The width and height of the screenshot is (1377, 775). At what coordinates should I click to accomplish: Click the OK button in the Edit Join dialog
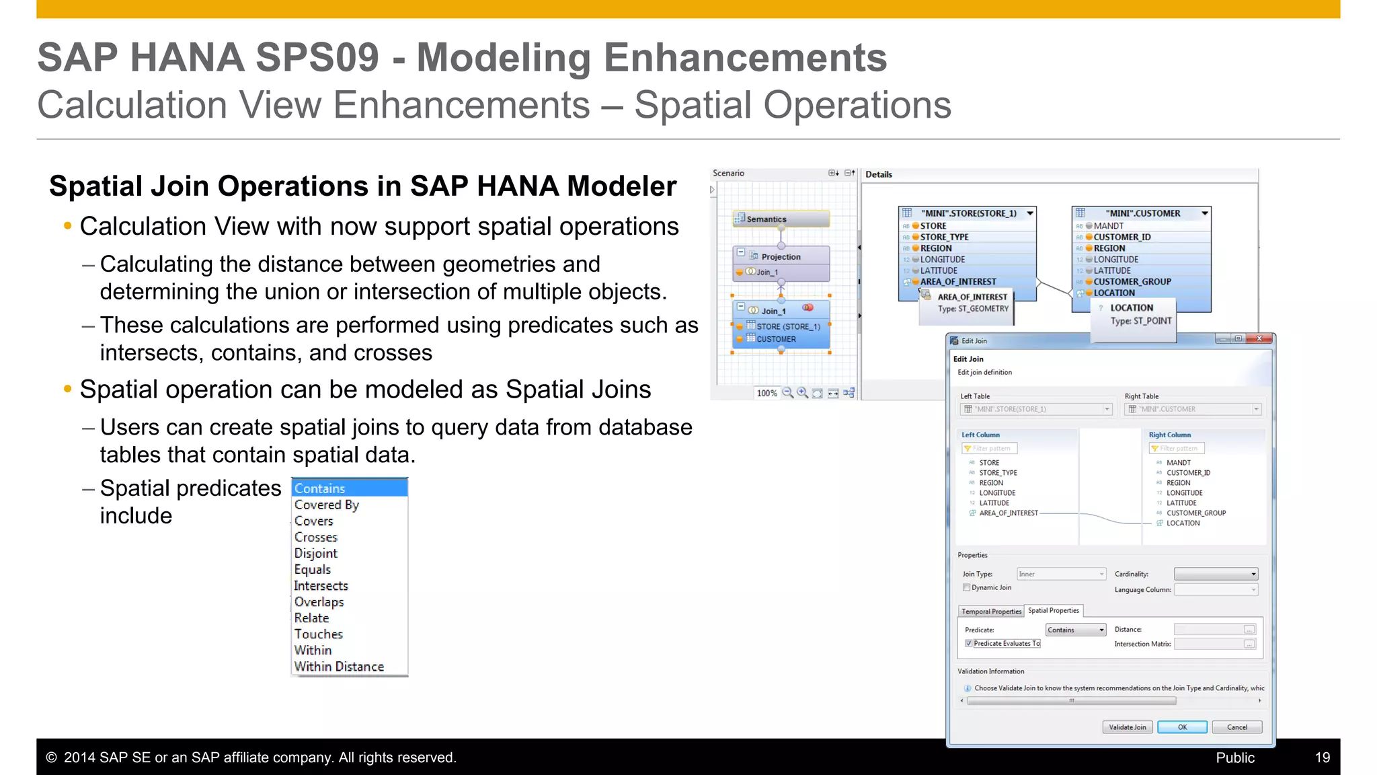[x=1182, y=727]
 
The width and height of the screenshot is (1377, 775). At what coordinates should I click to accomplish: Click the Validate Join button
[x=1128, y=727]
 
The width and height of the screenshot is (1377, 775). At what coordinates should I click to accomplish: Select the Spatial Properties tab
[x=1054, y=611]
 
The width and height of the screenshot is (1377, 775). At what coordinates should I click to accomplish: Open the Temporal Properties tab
[x=991, y=612]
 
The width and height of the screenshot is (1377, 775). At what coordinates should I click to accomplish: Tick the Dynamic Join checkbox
[x=967, y=587]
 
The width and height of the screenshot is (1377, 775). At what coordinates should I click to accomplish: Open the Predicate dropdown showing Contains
[x=1076, y=630]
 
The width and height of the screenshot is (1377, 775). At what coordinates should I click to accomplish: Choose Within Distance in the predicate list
[x=340, y=667]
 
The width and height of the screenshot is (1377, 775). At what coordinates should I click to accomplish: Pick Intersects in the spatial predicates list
[x=321, y=586]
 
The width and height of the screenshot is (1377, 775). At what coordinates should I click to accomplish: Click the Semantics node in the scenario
[x=780, y=219]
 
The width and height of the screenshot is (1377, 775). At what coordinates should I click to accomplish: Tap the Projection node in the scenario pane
[x=781, y=256]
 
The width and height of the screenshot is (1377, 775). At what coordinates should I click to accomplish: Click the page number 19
[x=1322, y=758]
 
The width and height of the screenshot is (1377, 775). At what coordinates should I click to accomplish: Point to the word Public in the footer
[x=1235, y=758]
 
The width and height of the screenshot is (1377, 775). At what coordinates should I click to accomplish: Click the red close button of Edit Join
[x=1259, y=339]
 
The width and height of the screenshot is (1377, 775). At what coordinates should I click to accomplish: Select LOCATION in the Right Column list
[x=1183, y=523]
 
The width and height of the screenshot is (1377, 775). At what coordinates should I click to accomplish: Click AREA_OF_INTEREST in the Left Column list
[x=1009, y=513]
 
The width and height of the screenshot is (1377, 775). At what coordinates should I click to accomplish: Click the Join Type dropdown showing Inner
[x=1061, y=574]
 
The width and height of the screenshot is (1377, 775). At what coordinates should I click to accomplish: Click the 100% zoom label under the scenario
[x=766, y=394]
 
